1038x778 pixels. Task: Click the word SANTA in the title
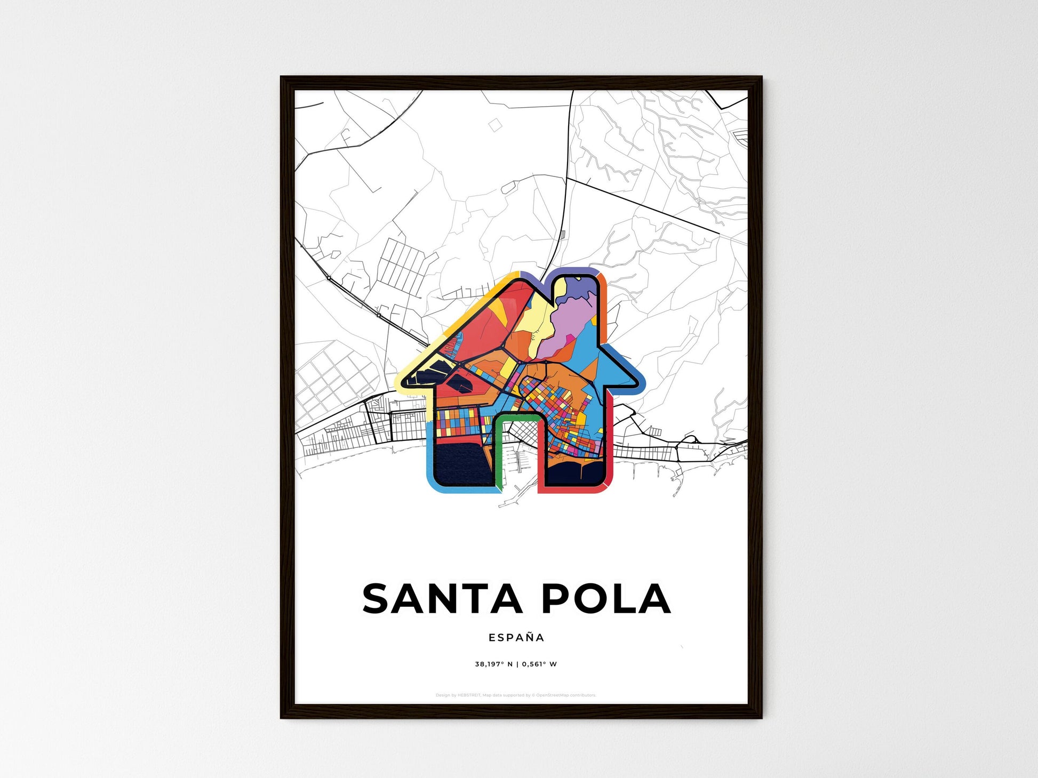pos(442,598)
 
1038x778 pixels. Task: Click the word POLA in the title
pos(606,598)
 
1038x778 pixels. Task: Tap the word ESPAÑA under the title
pos(516,637)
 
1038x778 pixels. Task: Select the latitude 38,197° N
pos(494,664)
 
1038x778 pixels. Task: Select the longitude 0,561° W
pos(539,664)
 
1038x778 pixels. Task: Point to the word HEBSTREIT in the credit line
pos(469,695)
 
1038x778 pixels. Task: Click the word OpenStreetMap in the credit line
pos(552,695)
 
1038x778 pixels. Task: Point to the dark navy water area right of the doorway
pos(576,472)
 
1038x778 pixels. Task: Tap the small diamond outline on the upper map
pos(495,125)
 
